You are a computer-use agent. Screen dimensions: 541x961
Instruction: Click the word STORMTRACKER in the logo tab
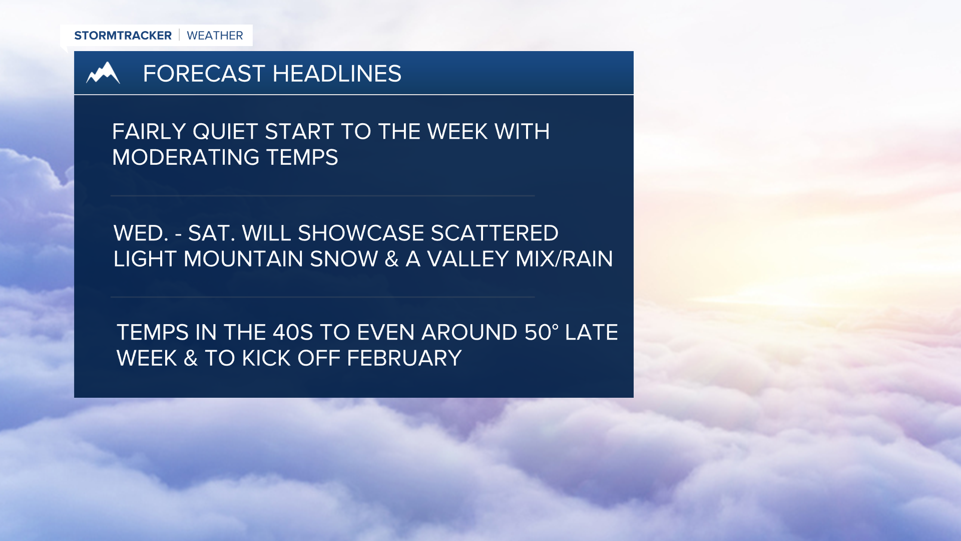[123, 36]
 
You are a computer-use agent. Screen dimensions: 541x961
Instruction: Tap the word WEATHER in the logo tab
[215, 36]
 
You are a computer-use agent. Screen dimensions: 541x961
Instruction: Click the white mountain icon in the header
[103, 73]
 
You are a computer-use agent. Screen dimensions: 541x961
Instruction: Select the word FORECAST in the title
[204, 74]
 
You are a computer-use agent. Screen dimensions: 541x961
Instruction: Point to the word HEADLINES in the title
[337, 74]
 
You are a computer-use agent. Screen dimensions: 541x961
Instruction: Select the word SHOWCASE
[361, 233]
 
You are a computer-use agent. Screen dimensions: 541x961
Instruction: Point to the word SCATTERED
[494, 233]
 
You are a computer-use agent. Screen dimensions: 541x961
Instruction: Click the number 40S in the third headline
[292, 333]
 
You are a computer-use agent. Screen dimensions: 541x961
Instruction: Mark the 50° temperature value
[541, 333]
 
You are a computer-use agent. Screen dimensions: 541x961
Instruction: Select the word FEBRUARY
[404, 358]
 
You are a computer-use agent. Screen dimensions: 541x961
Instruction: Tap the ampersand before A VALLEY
[391, 259]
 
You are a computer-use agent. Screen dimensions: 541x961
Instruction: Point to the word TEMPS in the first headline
[302, 158]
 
